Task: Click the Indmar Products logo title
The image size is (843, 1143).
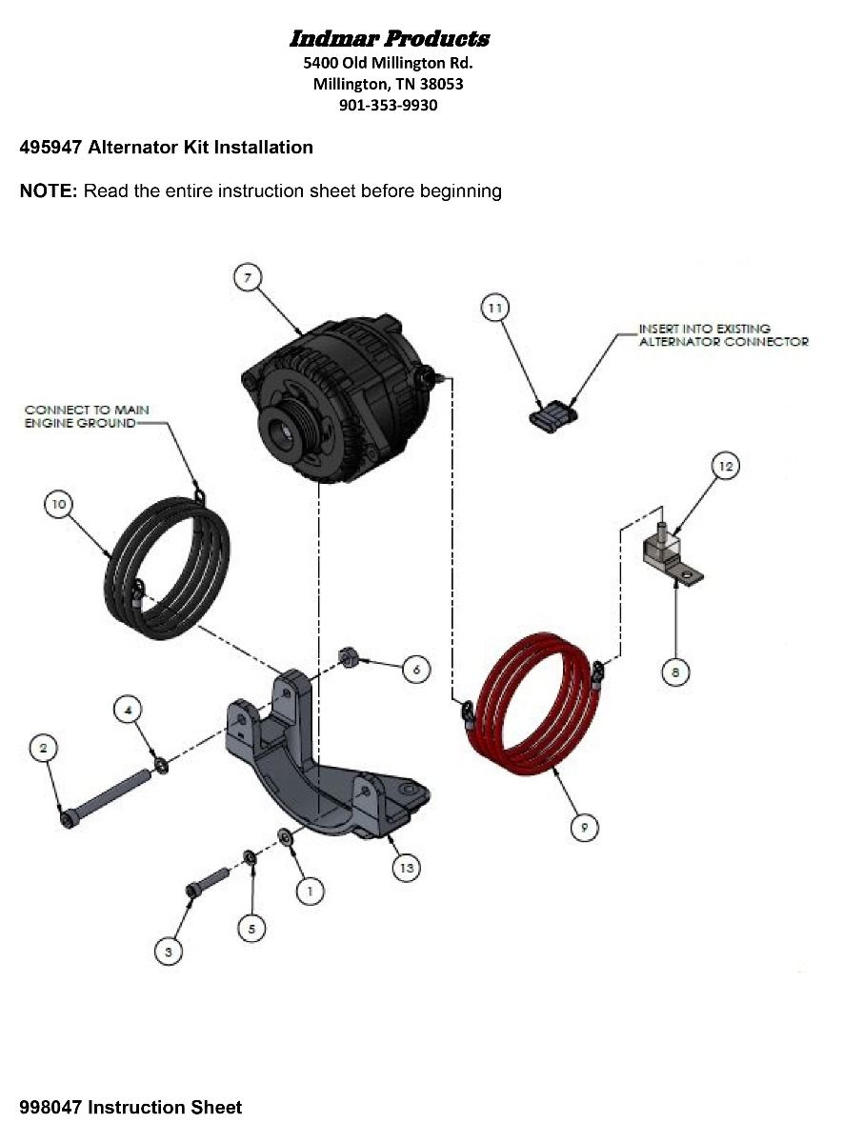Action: (x=389, y=39)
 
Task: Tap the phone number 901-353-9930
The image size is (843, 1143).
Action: (x=389, y=105)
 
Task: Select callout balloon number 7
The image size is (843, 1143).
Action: (x=247, y=277)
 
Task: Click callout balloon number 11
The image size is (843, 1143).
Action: (x=494, y=308)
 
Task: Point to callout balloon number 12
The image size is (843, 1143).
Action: (x=726, y=466)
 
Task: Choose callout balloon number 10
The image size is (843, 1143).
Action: (x=59, y=504)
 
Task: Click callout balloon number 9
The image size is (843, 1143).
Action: (x=584, y=827)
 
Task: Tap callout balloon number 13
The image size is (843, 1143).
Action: (x=407, y=867)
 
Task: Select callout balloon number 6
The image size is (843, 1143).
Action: (x=416, y=670)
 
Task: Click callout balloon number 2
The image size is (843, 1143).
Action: (x=42, y=748)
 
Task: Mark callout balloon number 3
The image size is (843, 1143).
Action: (x=169, y=950)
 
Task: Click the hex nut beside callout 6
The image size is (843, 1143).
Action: (x=350, y=656)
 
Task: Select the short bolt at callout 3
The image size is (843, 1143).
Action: (x=207, y=880)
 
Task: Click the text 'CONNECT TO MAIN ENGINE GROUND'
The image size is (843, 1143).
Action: (x=87, y=416)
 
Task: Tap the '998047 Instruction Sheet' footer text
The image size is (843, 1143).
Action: (x=130, y=1107)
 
